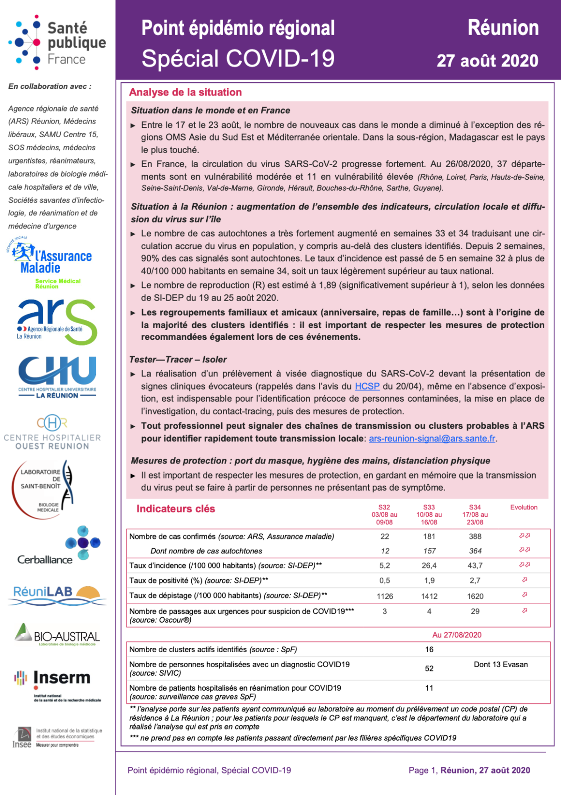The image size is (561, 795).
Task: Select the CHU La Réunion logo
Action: pyautogui.click(x=57, y=377)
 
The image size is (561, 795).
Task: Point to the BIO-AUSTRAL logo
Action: pyautogui.click(x=57, y=635)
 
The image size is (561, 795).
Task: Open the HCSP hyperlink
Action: pyautogui.click(x=367, y=386)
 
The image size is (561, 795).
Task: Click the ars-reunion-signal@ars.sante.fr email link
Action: pyautogui.click(x=432, y=439)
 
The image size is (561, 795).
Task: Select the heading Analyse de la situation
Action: pyautogui.click(x=185, y=92)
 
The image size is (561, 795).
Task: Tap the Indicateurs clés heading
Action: pyautogui.click(x=175, y=509)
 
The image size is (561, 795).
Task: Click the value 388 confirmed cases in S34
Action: pyautogui.click(x=475, y=537)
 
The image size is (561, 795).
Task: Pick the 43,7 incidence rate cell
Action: pyautogui.click(x=475, y=566)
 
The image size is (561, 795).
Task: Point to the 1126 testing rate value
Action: pyautogui.click(x=385, y=596)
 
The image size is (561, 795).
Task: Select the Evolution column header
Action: pyautogui.click(x=524, y=508)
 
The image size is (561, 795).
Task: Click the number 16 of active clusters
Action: pyautogui.click(x=429, y=649)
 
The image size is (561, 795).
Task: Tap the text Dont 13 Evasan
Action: pyautogui.click(x=501, y=664)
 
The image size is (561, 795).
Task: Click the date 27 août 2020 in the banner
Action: pyautogui.click(x=487, y=61)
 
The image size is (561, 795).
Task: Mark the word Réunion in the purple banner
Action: pyautogui.click(x=503, y=28)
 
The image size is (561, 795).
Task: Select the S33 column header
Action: pyautogui.click(x=429, y=508)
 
